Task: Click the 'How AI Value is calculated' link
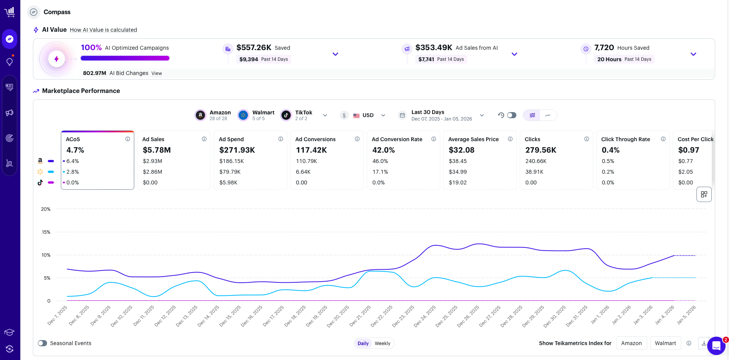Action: [x=103, y=30]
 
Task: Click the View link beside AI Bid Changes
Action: [x=156, y=73]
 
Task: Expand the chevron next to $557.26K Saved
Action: [x=335, y=54]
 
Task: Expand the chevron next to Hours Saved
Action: [x=693, y=54]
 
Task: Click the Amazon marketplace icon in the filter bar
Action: [x=200, y=115]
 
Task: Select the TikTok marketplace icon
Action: [x=286, y=115]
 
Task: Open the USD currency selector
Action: [x=368, y=115]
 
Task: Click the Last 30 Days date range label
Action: [x=428, y=112]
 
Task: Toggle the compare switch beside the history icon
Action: [x=511, y=115]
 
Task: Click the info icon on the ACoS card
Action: [x=128, y=139]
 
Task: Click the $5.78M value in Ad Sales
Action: [x=157, y=150]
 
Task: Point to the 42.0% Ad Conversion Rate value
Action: [x=384, y=150]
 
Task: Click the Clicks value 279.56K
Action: [x=541, y=150]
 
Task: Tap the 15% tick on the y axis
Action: [x=46, y=232]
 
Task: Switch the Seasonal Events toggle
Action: [x=42, y=343]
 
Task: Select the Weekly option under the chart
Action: [x=382, y=344]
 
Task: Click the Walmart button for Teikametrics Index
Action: [x=665, y=343]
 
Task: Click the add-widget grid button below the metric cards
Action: [x=704, y=194]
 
